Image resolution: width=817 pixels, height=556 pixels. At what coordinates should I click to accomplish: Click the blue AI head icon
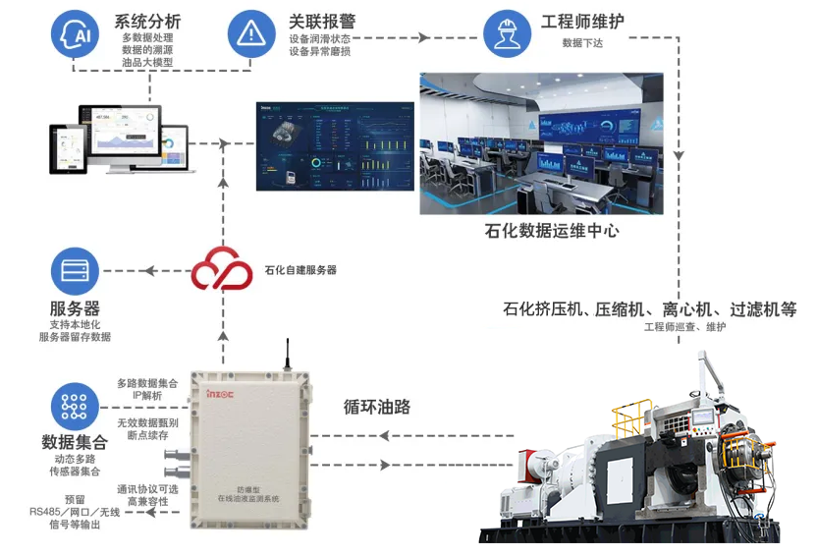pyautogui.click(x=75, y=33)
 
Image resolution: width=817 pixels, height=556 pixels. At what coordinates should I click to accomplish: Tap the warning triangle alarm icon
pyautogui.click(x=250, y=33)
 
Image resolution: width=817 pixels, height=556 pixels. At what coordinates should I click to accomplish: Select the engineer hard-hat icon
pyautogui.click(x=507, y=33)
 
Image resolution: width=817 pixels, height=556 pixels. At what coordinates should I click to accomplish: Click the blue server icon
pyautogui.click(x=75, y=270)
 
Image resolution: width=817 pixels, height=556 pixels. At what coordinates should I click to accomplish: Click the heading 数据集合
pyautogui.click(x=75, y=442)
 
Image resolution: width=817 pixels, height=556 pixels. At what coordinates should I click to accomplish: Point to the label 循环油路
pyautogui.click(x=377, y=406)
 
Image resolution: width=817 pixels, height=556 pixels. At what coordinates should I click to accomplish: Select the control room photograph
pyautogui.click(x=541, y=143)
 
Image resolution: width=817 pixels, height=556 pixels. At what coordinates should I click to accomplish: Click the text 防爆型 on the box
pyautogui.click(x=248, y=488)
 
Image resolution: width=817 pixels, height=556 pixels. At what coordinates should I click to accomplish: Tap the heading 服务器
pyautogui.click(x=75, y=307)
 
